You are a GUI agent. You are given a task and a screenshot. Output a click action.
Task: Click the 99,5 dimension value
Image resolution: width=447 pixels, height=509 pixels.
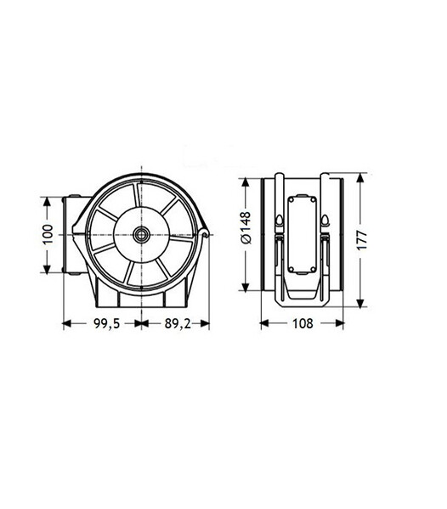pos(107,323)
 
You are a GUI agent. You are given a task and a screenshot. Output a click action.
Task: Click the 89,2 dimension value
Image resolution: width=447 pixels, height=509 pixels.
pos(178,323)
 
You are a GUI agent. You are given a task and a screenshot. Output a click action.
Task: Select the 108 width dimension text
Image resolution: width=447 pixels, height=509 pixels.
pos(303,323)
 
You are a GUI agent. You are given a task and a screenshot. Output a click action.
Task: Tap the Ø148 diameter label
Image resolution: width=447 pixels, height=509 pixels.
pos(246,227)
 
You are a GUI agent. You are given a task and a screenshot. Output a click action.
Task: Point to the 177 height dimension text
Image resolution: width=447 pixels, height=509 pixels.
pos(362,240)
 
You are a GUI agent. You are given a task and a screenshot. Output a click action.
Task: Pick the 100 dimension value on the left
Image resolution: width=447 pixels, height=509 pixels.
pos(48,234)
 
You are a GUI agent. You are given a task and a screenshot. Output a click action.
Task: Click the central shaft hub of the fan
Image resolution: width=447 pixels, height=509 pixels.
pos(141,234)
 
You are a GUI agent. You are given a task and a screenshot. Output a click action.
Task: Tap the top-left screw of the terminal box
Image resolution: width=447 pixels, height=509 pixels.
pos(291,200)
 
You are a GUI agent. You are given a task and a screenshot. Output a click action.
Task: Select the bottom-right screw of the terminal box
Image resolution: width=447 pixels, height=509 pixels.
pos(313,269)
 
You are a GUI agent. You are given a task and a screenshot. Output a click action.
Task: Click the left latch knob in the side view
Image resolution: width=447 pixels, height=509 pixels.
pos(280,221)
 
